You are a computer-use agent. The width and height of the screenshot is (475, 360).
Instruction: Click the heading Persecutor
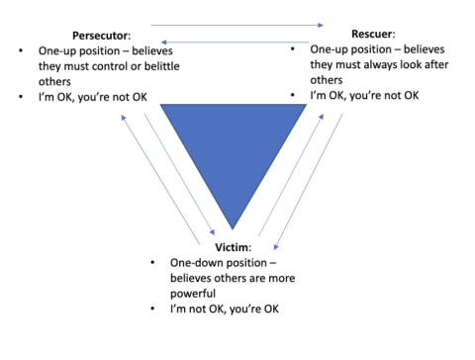click(x=101, y=36)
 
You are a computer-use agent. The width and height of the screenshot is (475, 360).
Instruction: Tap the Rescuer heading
click(x=373, y=34)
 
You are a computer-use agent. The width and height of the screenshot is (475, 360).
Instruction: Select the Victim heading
click(x=233, y=247)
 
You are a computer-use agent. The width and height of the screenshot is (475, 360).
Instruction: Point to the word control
click(x=110, y=66)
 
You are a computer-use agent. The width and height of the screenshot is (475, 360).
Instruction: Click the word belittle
click(x=162, y=66)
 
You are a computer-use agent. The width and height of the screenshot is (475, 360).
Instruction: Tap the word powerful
click(x=193, y=294)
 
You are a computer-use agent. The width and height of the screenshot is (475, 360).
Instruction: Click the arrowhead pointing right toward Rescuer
click(x=321, y=25)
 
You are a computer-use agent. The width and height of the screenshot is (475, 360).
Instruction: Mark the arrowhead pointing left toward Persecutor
click(x=163, y=43)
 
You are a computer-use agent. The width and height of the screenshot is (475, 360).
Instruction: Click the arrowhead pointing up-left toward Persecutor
click(x=124, y=117)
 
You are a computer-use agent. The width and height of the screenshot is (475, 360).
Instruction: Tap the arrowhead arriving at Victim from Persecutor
click(x=213, y=232)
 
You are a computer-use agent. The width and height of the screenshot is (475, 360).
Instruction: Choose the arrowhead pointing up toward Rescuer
click(x=322, y=117)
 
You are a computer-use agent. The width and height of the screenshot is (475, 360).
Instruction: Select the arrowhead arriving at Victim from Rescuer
click(x=276, y=247)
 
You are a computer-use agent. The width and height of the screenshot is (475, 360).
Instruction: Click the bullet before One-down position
click(x=152, y=263)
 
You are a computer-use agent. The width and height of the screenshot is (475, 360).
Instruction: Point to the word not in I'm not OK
click(x=197, y=310)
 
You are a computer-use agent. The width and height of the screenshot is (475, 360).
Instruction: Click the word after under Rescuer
click(x=437, y=64)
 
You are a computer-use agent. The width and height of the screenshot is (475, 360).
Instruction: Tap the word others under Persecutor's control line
click(x=54, y=82)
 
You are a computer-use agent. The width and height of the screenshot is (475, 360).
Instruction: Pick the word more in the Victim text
click(x=282, y=278)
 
